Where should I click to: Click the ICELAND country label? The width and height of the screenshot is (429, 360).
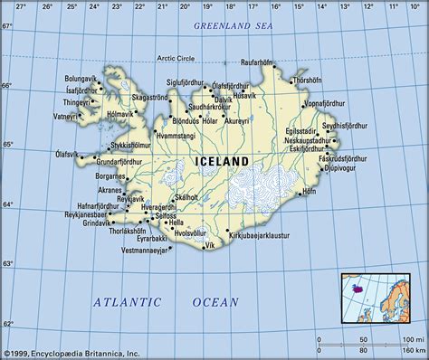coord(222,161)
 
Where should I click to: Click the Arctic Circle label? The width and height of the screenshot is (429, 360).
coord(177,60)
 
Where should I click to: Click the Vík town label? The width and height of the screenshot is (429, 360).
coord(212,245)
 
